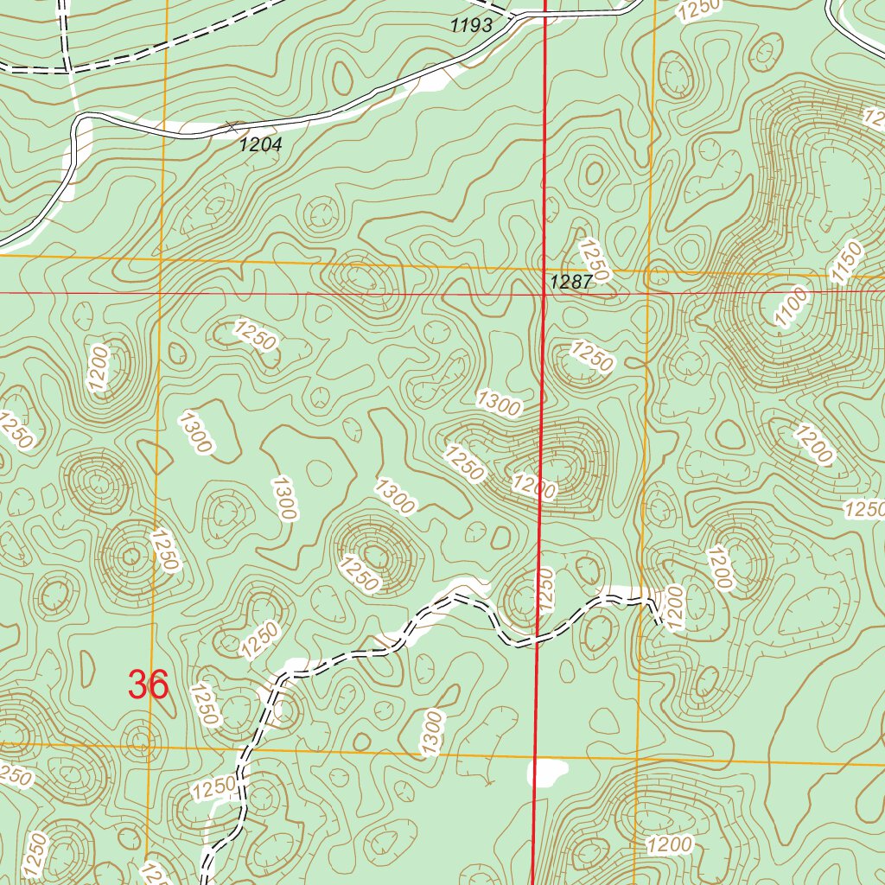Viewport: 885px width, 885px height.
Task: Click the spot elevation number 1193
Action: [x=471, y=26]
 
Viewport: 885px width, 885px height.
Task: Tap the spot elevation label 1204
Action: [x=260, y=145]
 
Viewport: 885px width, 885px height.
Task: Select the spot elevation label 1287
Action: [x=570, y=282]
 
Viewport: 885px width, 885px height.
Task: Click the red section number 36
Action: [x=148, y=684]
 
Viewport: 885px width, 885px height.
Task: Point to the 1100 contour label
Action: [x=792, y=307]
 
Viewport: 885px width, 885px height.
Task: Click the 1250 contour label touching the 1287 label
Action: [x=595, y=259]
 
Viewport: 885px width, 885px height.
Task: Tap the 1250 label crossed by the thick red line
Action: [x=544, y=590]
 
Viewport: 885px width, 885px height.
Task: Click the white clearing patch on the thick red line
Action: [x=547, y=772]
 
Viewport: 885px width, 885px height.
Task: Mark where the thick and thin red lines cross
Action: [x=543, y=293]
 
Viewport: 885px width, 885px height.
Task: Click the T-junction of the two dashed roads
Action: [x=67, y=68]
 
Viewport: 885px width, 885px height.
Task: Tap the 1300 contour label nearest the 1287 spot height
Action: [x=499, y=403]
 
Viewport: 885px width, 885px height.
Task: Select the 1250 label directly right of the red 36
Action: [x=206, y=705]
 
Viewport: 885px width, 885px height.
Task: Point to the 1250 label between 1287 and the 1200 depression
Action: [x=592, y=357]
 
